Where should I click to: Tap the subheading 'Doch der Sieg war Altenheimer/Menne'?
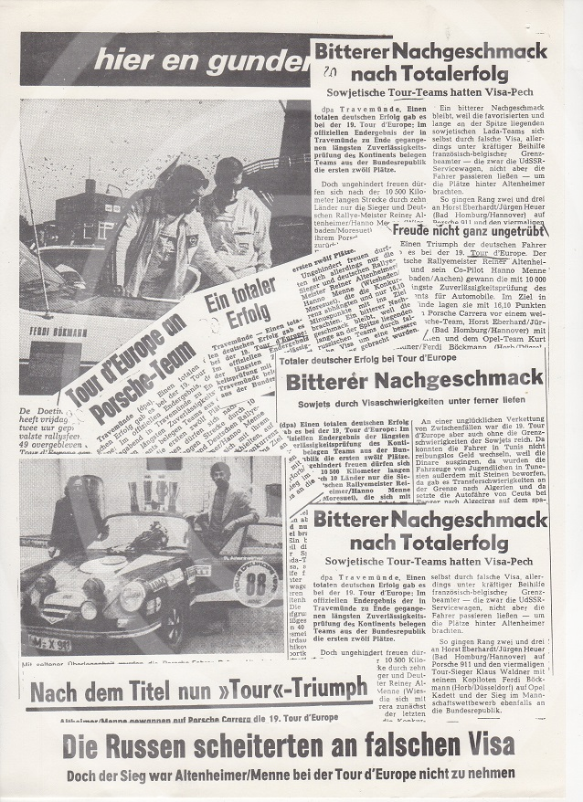291,775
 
